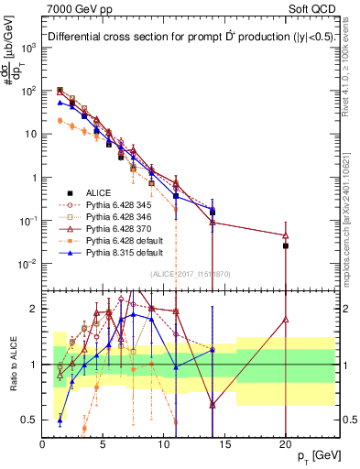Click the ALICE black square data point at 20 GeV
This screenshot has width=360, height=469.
(x=286, y=245)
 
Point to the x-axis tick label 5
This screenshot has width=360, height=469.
(x=104, y=443)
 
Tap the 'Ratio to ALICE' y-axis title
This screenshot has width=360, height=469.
(x=12, y=363)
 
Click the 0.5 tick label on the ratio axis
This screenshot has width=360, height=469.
(x=27, y=420)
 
